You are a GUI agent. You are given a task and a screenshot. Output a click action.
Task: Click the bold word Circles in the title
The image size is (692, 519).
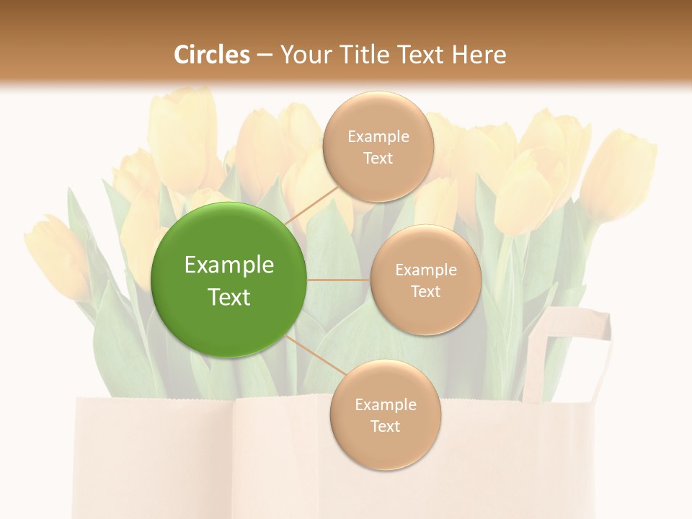click(x=211, y=55)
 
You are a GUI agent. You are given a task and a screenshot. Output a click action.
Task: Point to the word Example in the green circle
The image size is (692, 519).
click(x=229, y=265)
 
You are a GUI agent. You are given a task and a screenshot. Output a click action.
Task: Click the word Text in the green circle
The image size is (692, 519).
click(x=229, y=297)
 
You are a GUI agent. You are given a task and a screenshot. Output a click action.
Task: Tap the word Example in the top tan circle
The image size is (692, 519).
click(x=378, y=137)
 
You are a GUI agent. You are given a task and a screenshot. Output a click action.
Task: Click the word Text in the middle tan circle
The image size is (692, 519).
click(x=425, y=292)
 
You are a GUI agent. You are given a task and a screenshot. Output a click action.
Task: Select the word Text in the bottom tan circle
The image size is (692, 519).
click(x=385, y=427)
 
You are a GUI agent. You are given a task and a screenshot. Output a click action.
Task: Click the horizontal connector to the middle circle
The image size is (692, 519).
click(x=339, y=280)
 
